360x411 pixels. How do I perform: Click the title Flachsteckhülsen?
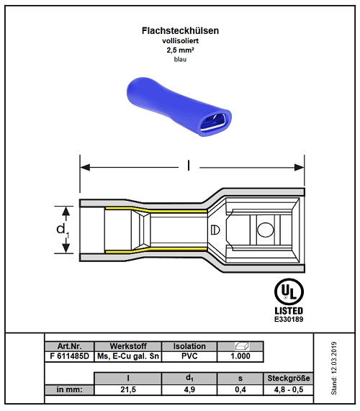pyautogui.click(x=180, y=31)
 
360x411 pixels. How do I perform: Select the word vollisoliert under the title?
pyautogui.click(x=181, y=41)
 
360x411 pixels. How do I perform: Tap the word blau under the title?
pyautogui.click(x=181, y=60)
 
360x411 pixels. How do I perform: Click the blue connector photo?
pyautogui.click(x=179, y=107)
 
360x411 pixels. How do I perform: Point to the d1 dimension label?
pyautogui.click(x=63, y=230)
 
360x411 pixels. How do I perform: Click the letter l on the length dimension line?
pyautogui.click(x=189, y=166)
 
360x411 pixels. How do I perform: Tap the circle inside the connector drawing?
pyautogui.click(x=266, y=230)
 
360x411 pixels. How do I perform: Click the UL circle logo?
pyautogui.click(x=289, y=292)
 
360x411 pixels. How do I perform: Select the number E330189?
pyautogui.click(x=289, y=320)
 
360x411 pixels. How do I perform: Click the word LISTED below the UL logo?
pyautogui.click(x=289, y=311)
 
